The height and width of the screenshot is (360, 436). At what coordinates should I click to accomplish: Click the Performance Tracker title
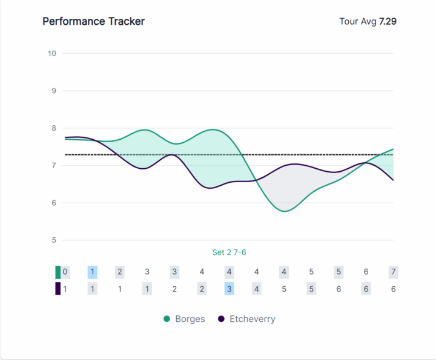[93, 21]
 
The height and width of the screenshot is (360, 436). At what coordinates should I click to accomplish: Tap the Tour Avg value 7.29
[388, 22]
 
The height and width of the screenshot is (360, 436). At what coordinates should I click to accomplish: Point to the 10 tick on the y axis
[51, 53]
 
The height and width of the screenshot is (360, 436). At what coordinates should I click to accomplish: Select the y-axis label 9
[53, 91]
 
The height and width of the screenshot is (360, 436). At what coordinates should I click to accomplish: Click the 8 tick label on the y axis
[53, 128]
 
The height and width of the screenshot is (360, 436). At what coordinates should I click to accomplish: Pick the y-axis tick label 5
[53, 240]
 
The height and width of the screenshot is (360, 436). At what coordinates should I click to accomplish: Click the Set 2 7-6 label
[229, 252]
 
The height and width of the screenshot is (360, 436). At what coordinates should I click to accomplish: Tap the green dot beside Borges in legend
[167, 319]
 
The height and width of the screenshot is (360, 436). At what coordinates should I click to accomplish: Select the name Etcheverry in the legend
[252, 319]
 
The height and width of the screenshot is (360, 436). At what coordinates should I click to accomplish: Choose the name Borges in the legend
[190, 319]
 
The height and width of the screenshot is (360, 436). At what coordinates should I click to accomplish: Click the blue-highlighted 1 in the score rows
[92, 272]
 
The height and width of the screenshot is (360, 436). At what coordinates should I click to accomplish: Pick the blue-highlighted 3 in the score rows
[229, 289]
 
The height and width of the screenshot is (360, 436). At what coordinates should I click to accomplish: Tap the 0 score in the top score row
[65, 272]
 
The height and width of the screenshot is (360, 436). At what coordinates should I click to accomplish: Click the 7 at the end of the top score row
[393, 272]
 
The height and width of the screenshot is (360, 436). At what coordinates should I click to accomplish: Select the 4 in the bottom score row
[257, 289]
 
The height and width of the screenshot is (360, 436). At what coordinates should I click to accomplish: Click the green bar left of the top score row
[58, 272]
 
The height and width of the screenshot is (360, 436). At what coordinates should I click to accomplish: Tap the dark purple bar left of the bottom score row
[58, 289]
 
